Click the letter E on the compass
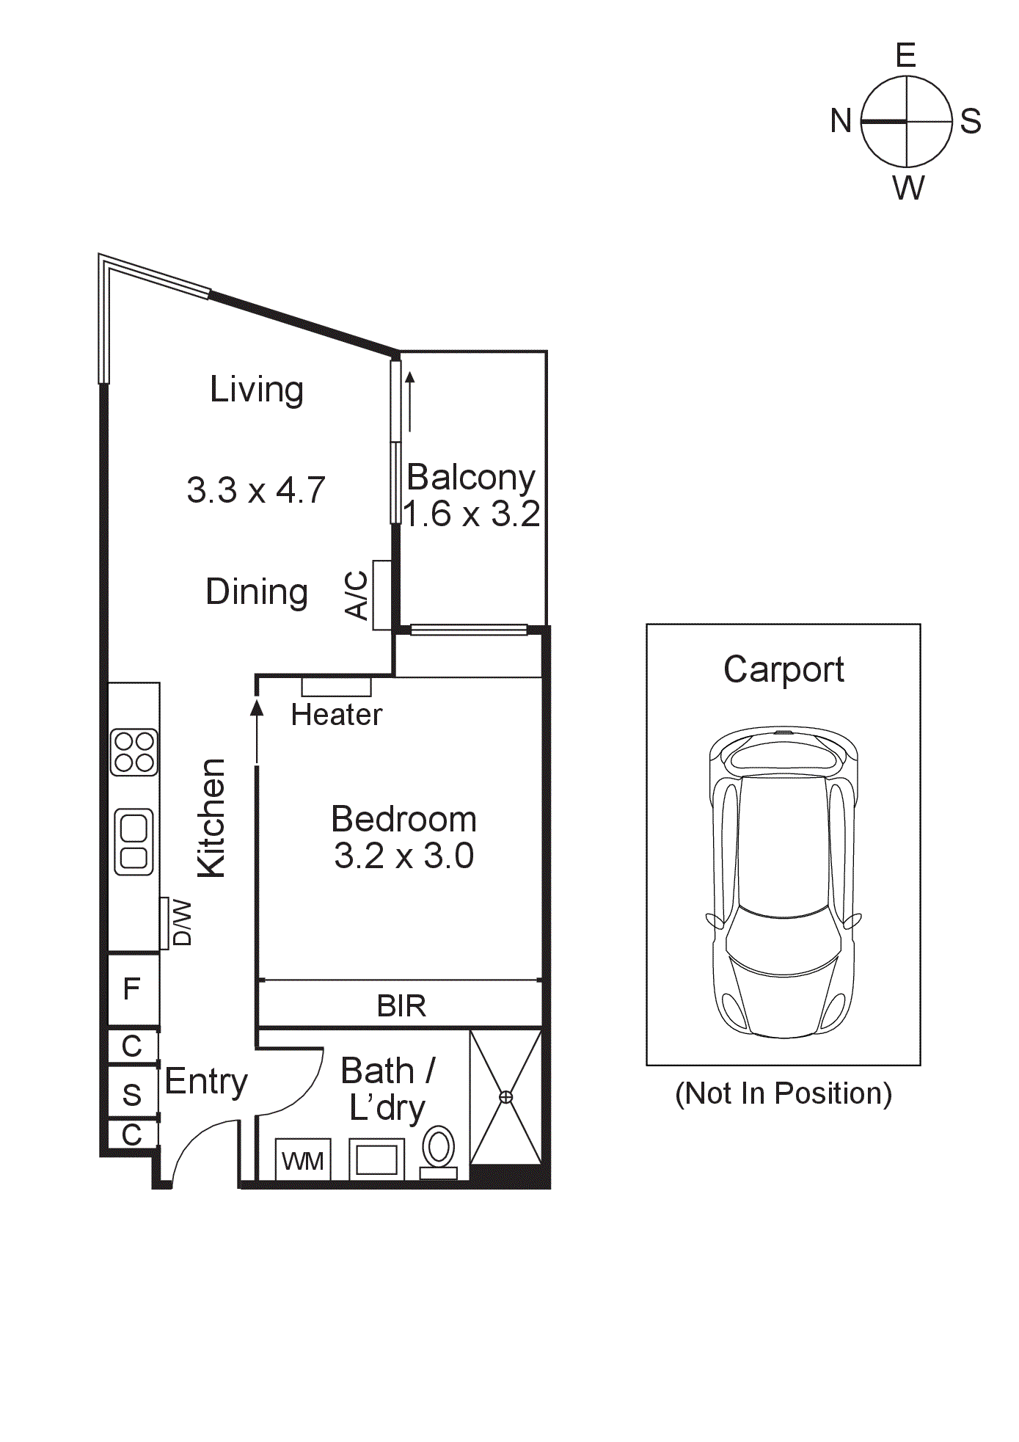tap(906, 56)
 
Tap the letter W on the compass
tap(908, 188)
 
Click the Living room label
tap(256, 390)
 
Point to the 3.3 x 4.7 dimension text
tap(256, 489)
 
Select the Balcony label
tap(471, 477)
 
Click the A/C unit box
tap(381, 595)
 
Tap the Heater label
tap(337, 715)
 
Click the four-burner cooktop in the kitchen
tap(134, 752)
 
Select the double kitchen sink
tap(134, 842)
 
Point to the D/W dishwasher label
tap(182, 923)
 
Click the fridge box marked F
tap(134, 989)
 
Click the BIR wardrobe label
tap(401, 1005)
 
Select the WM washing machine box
tap(303, 1159)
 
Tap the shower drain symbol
tap(505, 1097)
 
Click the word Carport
tap(784, 670)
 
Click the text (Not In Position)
tap(784, 1093)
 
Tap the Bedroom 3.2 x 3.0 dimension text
tap(404, 856)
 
